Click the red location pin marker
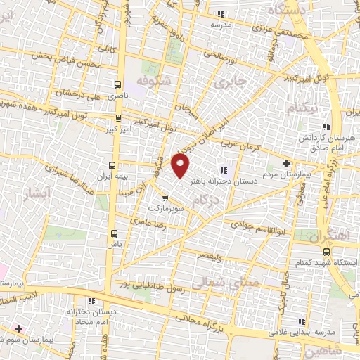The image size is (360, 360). click(x=182, y=167)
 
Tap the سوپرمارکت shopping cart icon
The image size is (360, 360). click(x=165, y=198)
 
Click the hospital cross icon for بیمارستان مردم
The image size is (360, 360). click(x=285, y=164)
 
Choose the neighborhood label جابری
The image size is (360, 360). click(x=228, y=82)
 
